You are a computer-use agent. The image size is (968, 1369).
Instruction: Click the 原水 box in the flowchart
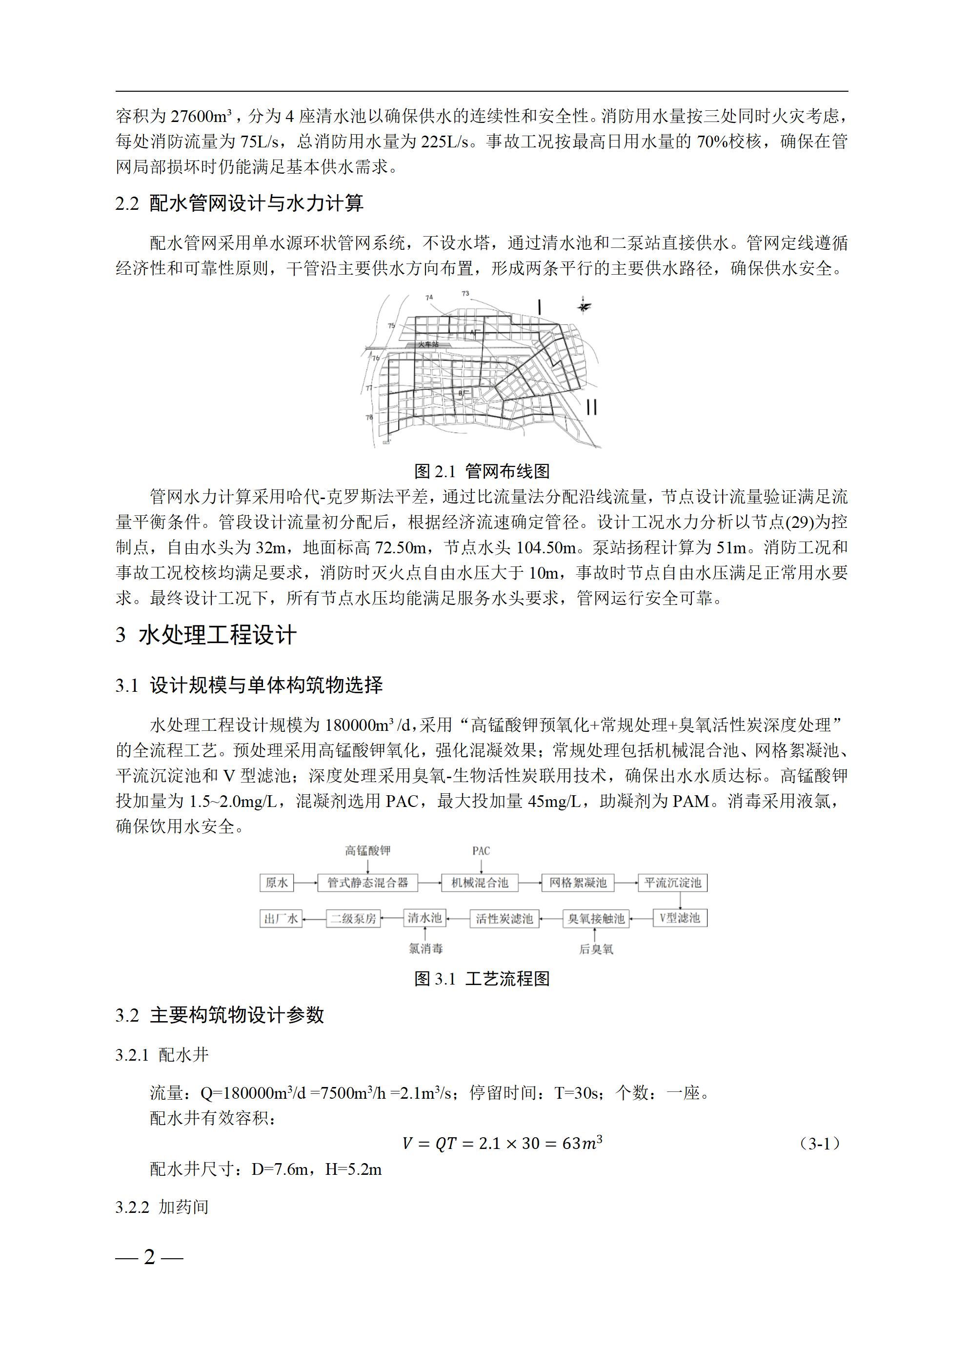[x=276, y=883]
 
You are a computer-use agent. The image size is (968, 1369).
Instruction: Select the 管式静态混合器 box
[x=367, y=883]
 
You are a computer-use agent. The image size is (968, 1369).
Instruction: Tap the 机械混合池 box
[x=480, y=883]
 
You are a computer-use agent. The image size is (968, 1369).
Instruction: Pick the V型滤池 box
[x=680, y=918]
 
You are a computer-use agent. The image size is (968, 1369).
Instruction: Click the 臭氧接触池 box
[x=596, y=919]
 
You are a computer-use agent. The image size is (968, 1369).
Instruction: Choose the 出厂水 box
[x=281, y=919]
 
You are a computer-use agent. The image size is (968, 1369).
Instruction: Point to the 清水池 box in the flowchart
[x=424, y=918]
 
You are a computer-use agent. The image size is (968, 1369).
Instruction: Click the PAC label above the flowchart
[x=481, y=851]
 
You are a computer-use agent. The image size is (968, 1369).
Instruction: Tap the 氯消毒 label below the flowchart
[x=425, y=948]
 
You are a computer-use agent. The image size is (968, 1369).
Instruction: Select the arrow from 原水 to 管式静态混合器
[x=305, y=883]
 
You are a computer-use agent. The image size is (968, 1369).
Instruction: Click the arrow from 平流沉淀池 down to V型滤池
[x=680, y=900]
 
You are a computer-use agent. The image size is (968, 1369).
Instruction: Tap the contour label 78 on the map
[x=369, y=417]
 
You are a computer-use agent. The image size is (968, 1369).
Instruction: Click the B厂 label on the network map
[x=465, y=394]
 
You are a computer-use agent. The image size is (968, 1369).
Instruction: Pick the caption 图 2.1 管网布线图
[x=482, y=471]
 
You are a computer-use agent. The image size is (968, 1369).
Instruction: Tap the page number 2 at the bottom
[x=149, y=1257]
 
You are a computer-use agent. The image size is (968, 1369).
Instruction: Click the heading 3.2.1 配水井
[x=162, y=1055]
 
